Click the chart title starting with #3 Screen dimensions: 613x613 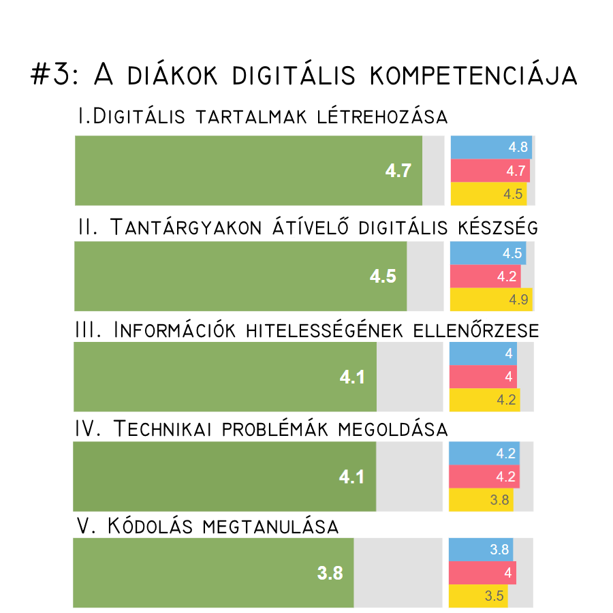(304, 75)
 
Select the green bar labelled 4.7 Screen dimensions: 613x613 (249, 170)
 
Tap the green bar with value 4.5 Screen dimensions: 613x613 (240, 277)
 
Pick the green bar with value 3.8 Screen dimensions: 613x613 (213, 573)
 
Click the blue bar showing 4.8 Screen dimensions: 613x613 (491, 147)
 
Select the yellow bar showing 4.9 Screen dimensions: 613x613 (491, 299)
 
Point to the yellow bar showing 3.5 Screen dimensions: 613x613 (479, 596)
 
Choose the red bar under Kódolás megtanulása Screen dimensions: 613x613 (482, 573)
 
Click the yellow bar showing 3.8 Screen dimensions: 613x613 (482, 500)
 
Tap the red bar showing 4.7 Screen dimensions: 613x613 (490, 170)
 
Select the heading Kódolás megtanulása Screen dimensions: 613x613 (208, 526)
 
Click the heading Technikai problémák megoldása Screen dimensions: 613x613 (261, 429)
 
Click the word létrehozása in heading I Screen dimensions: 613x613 (382, 116)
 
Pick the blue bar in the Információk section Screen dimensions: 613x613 (483, 353)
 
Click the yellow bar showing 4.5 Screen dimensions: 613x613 (488, 193)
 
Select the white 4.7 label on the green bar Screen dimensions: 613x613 (398, 170)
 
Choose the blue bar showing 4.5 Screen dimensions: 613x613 (488, 253)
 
